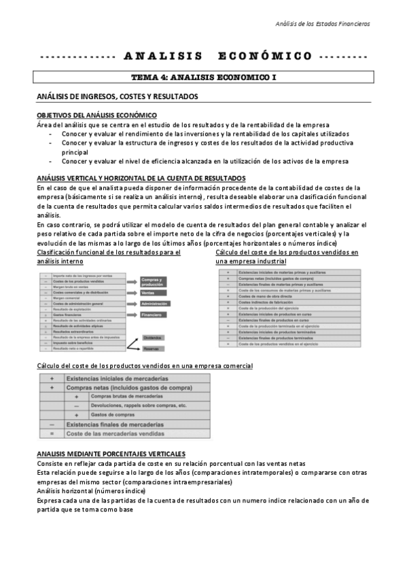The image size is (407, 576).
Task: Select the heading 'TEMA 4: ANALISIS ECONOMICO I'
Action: (203, 78)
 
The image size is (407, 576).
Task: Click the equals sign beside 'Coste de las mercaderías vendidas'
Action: (51, 433)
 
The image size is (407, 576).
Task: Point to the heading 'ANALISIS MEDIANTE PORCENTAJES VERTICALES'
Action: (111, 453)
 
